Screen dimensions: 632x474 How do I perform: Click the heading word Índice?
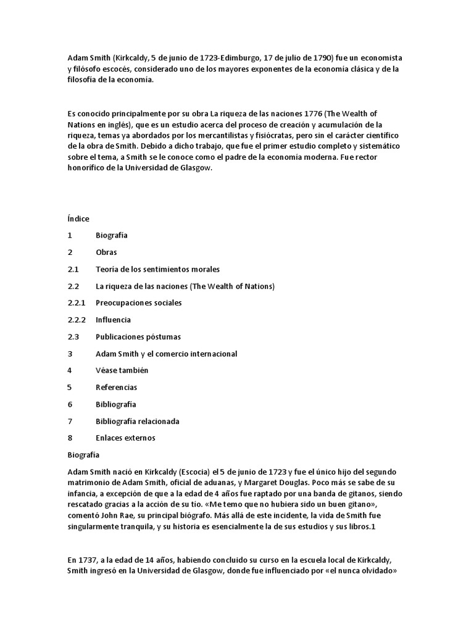(78, 218)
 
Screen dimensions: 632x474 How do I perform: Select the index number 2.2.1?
(77, 303)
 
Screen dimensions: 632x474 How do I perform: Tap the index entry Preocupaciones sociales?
(138, 303)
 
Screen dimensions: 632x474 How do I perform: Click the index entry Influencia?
(113, 320)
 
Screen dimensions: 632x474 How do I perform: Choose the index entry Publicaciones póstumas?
(138, 337)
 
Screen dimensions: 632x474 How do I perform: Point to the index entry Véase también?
(122, 370)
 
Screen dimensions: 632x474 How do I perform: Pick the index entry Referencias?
(116, 388)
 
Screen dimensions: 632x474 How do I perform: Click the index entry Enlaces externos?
(125, 438)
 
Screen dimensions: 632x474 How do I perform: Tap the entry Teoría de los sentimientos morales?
(157, 270)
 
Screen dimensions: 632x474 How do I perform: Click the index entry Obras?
(106, 252)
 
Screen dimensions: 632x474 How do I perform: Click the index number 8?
(70, 438)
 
